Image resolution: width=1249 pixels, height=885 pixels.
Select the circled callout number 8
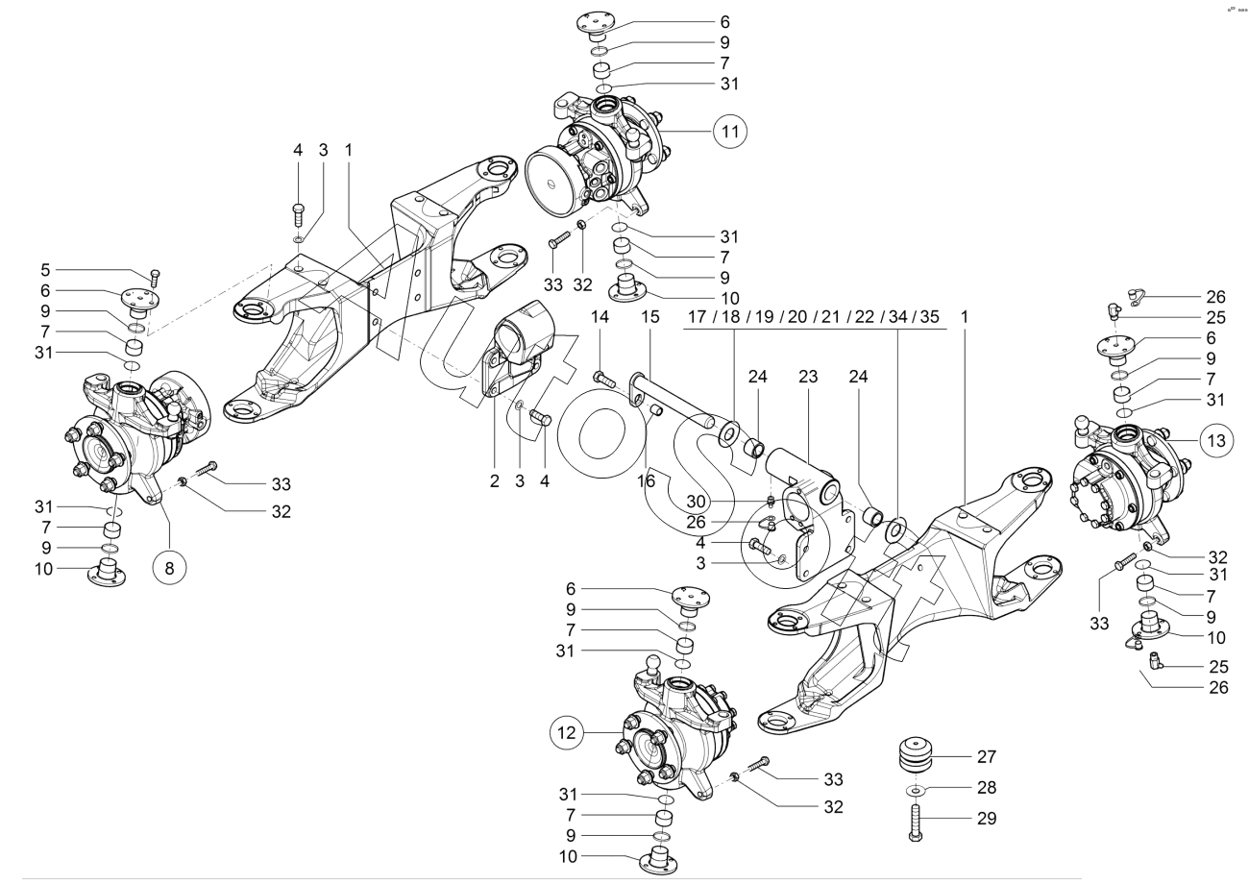(169, 567)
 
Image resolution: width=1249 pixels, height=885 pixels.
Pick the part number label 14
(600, 316)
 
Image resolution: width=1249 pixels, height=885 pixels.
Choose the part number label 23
(807, 377)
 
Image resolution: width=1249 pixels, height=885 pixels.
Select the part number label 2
(495, 480)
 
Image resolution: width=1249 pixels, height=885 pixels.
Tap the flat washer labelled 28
(916, 790)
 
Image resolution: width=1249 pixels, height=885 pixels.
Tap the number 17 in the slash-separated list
(699, 316)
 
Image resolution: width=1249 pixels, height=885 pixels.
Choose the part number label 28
(986, 788)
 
